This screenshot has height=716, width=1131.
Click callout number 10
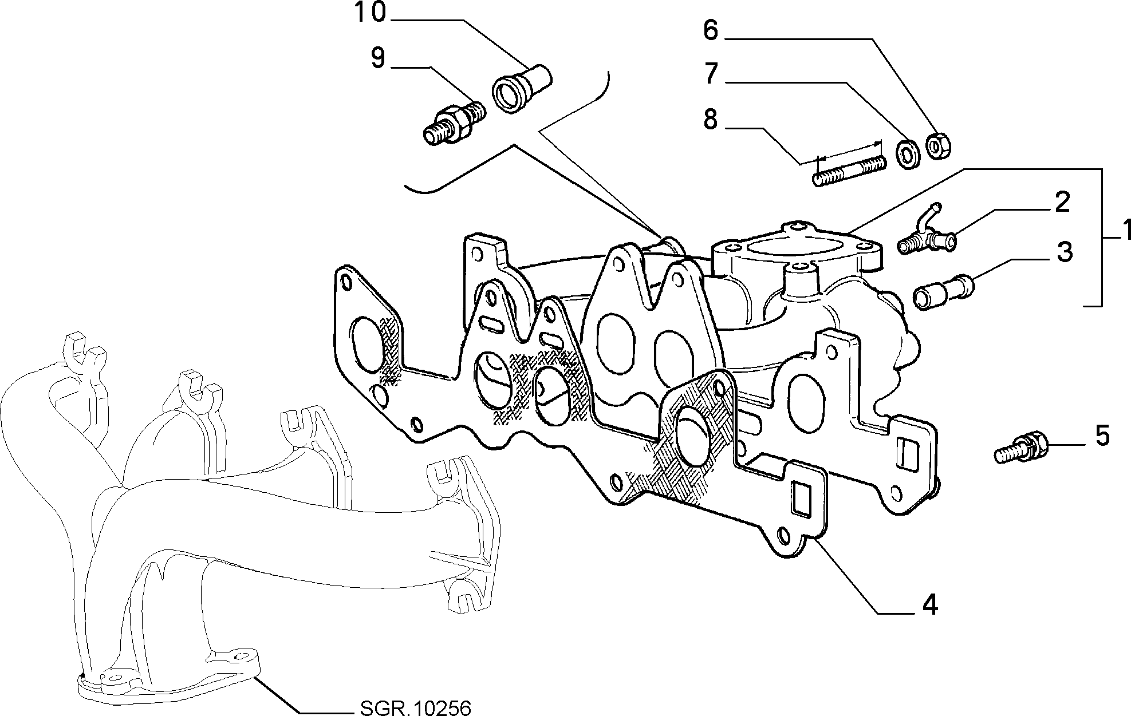coord(371,13)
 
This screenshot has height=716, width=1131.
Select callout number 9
coord(378,58)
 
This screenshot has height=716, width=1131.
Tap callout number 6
coord(711,30)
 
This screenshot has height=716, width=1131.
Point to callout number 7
coord(711,74)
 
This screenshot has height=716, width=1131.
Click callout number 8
coord(711,120)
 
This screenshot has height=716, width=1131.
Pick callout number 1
coord(1124,230)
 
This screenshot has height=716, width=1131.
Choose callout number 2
coord(1062,203)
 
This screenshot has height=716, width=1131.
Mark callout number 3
coord(1063,252)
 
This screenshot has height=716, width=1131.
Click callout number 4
coord(930,604)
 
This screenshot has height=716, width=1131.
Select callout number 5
coord(1102,436)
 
